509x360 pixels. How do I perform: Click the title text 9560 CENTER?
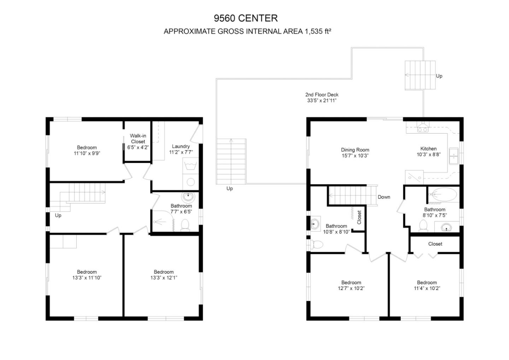click(246, 18)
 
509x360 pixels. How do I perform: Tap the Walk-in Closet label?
click(138, 139)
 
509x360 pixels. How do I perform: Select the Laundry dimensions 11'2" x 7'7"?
click(181, 152)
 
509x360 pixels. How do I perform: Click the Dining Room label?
click(355, 150)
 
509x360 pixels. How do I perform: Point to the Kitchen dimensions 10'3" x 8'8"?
click(428, 155)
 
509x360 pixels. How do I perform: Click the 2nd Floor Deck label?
click(322, 94)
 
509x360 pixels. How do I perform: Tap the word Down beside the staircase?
click(384, 197)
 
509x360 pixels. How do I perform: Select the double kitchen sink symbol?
click(454, 156)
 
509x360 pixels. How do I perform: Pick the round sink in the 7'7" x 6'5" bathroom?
click(188, 197)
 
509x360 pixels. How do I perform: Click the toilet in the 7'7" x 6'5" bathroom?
click(185, 225)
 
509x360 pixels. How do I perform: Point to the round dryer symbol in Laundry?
click(191, 182)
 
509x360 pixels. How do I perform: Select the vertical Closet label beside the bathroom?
click(359, 217)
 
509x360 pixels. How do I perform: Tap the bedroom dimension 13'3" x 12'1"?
click(164, 278)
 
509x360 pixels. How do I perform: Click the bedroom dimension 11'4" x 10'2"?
click(427, 288)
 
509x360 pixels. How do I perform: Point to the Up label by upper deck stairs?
click(439, 76)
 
